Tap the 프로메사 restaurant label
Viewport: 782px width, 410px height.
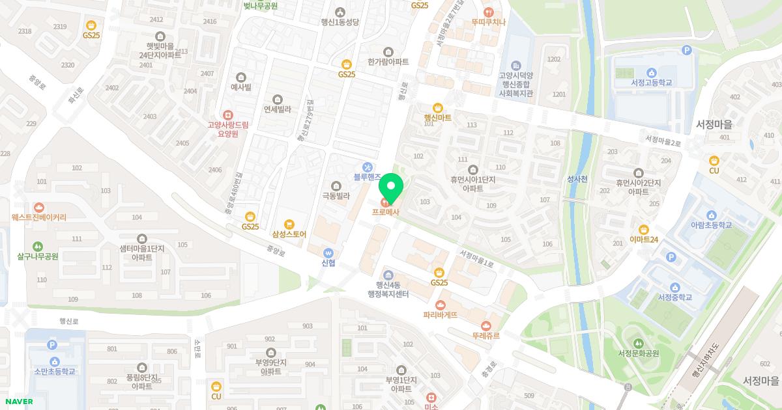386,212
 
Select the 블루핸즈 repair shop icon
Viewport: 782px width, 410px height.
368,167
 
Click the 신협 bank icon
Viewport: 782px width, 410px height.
328,253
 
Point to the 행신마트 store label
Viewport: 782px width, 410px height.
438,118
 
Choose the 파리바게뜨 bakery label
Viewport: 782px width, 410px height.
440,315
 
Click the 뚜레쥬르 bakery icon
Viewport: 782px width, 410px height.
485,325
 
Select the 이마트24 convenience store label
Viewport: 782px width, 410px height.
644,239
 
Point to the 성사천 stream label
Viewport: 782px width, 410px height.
577,179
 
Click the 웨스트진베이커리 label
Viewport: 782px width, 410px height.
39,217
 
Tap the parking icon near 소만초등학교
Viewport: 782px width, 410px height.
52,345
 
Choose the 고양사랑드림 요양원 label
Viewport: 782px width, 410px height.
227,128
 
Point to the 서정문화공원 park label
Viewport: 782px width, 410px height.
639,353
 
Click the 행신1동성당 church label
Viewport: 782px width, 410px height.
340,21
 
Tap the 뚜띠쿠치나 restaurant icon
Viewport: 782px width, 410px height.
489,12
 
